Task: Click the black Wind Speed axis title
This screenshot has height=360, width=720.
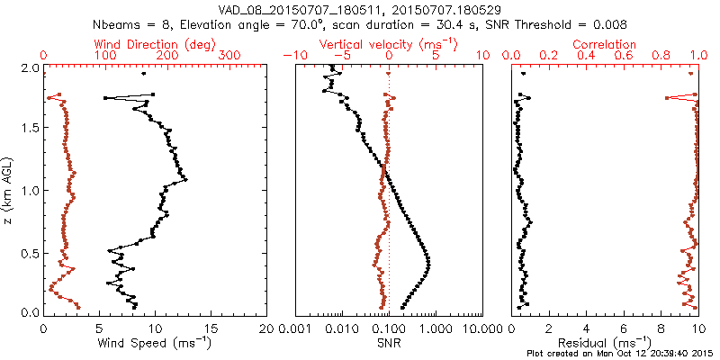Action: [156, 343]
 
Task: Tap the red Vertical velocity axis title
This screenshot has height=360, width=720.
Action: [388, 44]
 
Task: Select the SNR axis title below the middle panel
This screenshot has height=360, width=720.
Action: [388, 343]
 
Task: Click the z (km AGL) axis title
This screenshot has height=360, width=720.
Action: [9, 190]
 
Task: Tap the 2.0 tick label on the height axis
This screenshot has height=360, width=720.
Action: [29, 67]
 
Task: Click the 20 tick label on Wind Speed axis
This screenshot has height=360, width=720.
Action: [266, 328]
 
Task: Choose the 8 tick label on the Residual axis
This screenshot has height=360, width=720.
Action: [661, 328]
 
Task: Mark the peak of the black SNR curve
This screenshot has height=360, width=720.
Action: [427, 261]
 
